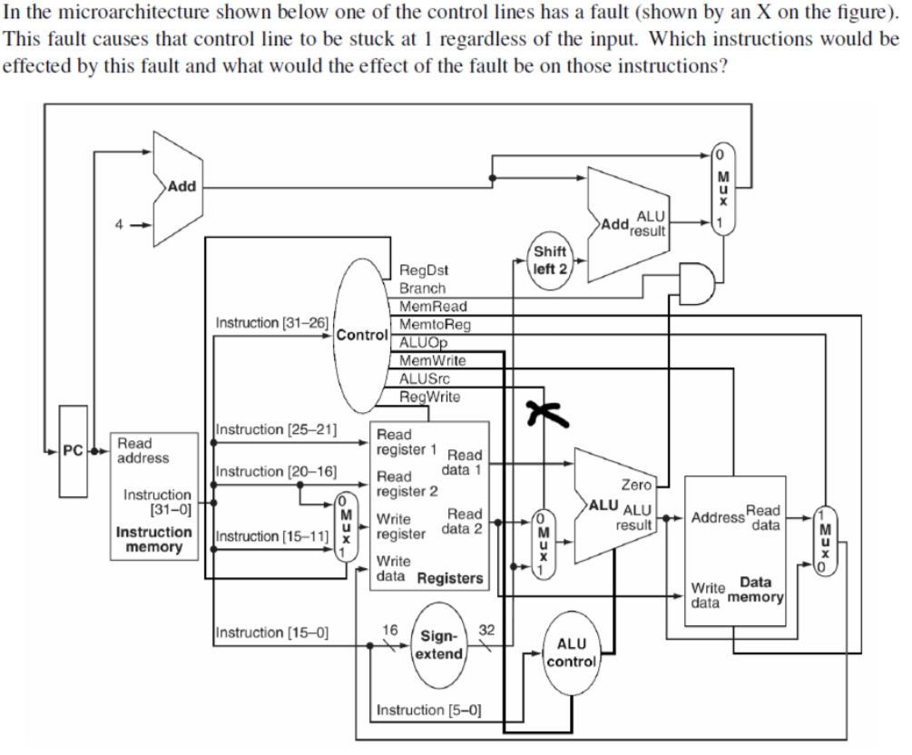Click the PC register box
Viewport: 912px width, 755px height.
[74, 452]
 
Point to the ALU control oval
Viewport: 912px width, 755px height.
[572, 652]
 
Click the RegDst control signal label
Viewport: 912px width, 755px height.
[424, 270]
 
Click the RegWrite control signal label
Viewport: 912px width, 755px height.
[429, 397]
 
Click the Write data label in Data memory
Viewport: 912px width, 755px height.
[708, 593]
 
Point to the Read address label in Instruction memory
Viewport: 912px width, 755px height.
[142, 451]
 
